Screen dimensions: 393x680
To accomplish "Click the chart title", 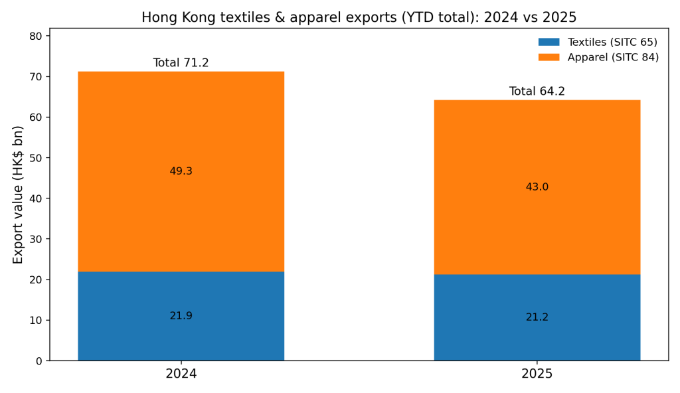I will click(359, 18).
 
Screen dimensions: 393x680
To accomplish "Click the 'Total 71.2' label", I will click(181, 63).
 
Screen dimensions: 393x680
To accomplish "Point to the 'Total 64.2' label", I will click(537, 92).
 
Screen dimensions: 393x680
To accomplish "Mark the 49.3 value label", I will click(181, 171).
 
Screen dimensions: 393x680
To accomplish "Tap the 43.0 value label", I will click(537, 187).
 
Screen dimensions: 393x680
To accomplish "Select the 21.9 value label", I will click(181, 316).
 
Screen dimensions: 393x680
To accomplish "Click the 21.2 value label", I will click(537, 317).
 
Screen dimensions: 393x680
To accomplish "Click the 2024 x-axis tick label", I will click(181, 374).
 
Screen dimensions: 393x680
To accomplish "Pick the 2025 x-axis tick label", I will click(537, 374).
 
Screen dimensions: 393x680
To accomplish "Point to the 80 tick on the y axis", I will click(36, 36).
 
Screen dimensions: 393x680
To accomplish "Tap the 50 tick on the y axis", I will click(36, 158).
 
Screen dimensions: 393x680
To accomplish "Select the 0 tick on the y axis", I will click(39, 361).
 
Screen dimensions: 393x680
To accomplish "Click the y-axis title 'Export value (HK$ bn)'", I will click(19, 195).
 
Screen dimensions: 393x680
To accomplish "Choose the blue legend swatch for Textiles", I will click(549, 42).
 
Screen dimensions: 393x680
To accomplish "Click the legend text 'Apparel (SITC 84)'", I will click(613, 57).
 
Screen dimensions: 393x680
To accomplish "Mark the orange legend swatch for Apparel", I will click(549, 57).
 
